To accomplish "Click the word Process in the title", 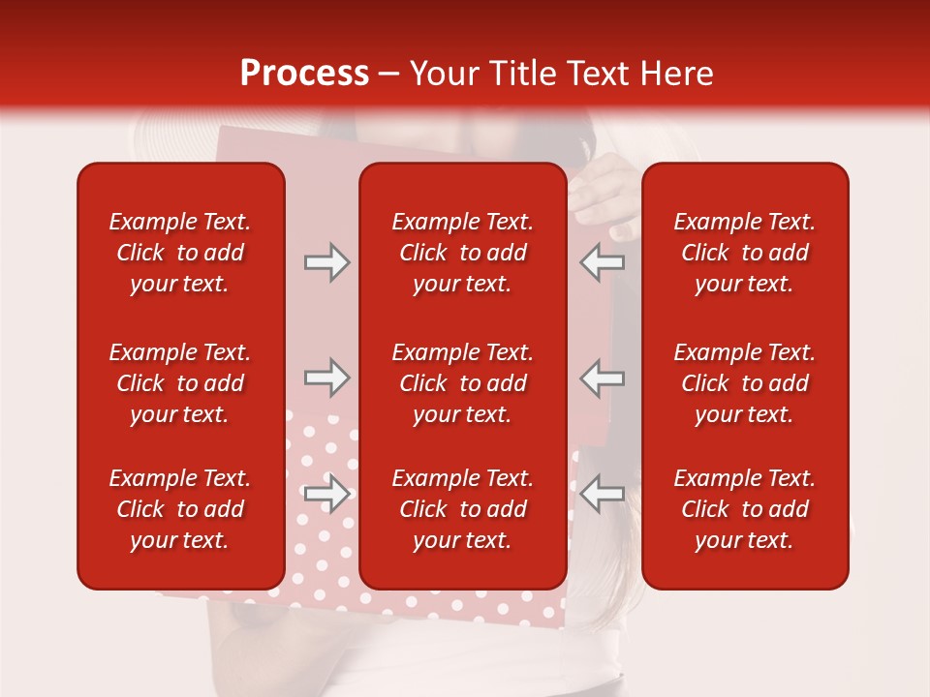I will point(304,74).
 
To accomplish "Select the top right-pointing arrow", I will point(326,262).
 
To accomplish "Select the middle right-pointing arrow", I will point(326,378).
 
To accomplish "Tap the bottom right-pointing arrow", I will point(326,494).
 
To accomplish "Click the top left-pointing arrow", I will point(603,262).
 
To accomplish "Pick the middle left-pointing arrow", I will point(603,378).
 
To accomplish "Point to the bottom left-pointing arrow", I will point(603,494).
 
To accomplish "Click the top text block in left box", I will point(180,253).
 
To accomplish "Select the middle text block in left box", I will point(180,383).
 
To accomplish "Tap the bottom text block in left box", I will point(180,509).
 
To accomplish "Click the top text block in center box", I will point(463,253).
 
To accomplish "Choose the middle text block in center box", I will point(463,383).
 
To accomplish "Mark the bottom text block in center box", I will point(463,509).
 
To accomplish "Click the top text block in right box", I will point(745,253).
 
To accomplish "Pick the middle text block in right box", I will point(745,383).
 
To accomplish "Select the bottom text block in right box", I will point(745,509).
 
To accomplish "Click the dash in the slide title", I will point(389,75).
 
